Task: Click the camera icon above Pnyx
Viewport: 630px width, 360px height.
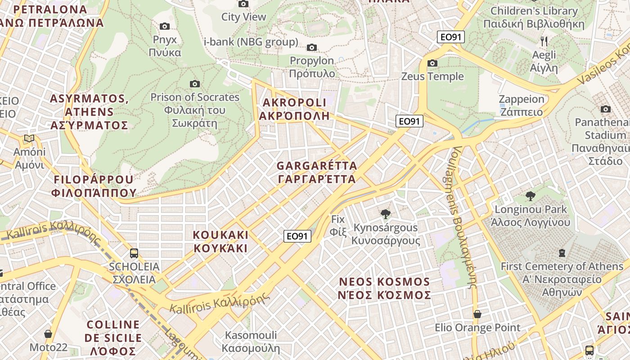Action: click(x=165, y=27)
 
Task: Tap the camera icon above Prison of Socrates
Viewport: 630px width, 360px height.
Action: click(x=195, y=84)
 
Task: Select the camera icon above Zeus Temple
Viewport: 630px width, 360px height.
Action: click(x=432, y=63)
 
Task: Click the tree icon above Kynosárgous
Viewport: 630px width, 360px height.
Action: click(x=385, y=214)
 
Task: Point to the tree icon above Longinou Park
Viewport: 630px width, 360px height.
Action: click(x=531, y=196)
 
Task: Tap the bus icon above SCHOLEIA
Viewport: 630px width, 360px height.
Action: click(x=134, y=253)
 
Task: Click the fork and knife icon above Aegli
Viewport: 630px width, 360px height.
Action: click(x=544, y=41)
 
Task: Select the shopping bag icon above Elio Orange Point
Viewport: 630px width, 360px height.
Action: click(x=477, y=314)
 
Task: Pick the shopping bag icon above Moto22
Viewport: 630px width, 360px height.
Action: click(x=48, y=334)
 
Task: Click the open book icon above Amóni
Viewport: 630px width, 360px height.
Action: click(x=30, y=138)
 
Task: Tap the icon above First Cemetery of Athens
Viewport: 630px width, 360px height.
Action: click(x=562, y=253)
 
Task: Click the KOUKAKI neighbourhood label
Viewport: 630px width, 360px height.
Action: click(x=220, y=241)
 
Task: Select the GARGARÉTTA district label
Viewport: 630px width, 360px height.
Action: click(x=317, y=172)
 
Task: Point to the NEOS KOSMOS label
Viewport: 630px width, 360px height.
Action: click(x=385, y=288)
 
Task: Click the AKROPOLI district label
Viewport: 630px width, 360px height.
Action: click(x=294, y=109)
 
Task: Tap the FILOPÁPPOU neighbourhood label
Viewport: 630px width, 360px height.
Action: click(x=94, y=186)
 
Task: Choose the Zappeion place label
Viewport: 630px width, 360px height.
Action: click(x=522, y=105)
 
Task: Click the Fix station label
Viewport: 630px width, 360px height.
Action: click(x=338, y=225)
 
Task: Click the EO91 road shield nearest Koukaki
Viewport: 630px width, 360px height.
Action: click(x=297, y=236)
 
